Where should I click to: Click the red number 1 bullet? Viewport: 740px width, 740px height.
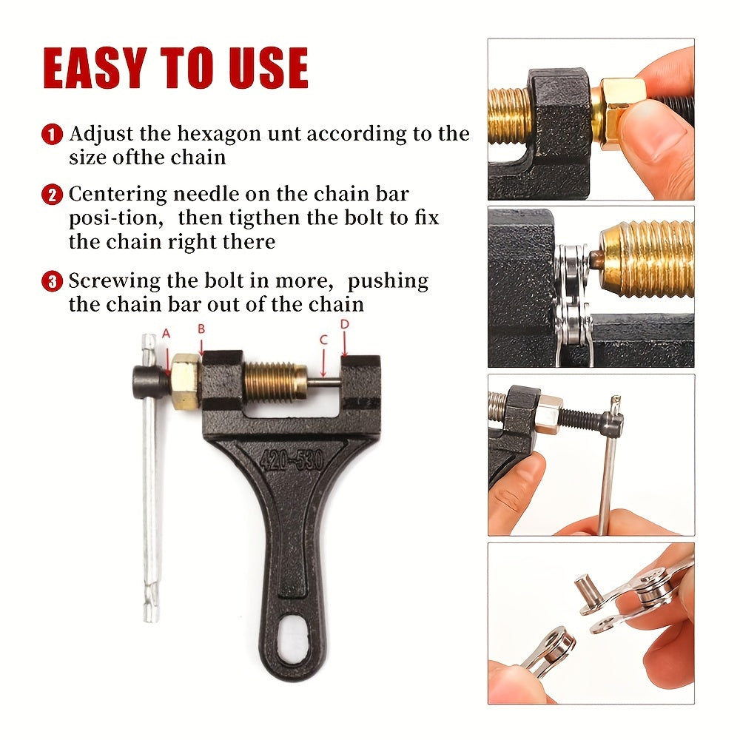tap(52, 135)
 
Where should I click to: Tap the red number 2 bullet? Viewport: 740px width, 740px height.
tap(52, 195)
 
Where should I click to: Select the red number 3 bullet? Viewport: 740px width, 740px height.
tap(52, 281)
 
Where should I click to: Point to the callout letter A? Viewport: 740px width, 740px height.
tap(166, 334)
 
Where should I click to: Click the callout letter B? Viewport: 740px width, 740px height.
tap(200, 329)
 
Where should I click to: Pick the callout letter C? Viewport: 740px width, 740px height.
tap(323, 340)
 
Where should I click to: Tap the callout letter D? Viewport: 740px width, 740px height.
tap(344, 324)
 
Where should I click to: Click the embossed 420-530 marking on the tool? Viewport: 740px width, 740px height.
tap(291, 460)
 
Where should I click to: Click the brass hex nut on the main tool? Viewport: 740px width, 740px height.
tap(185, 381)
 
